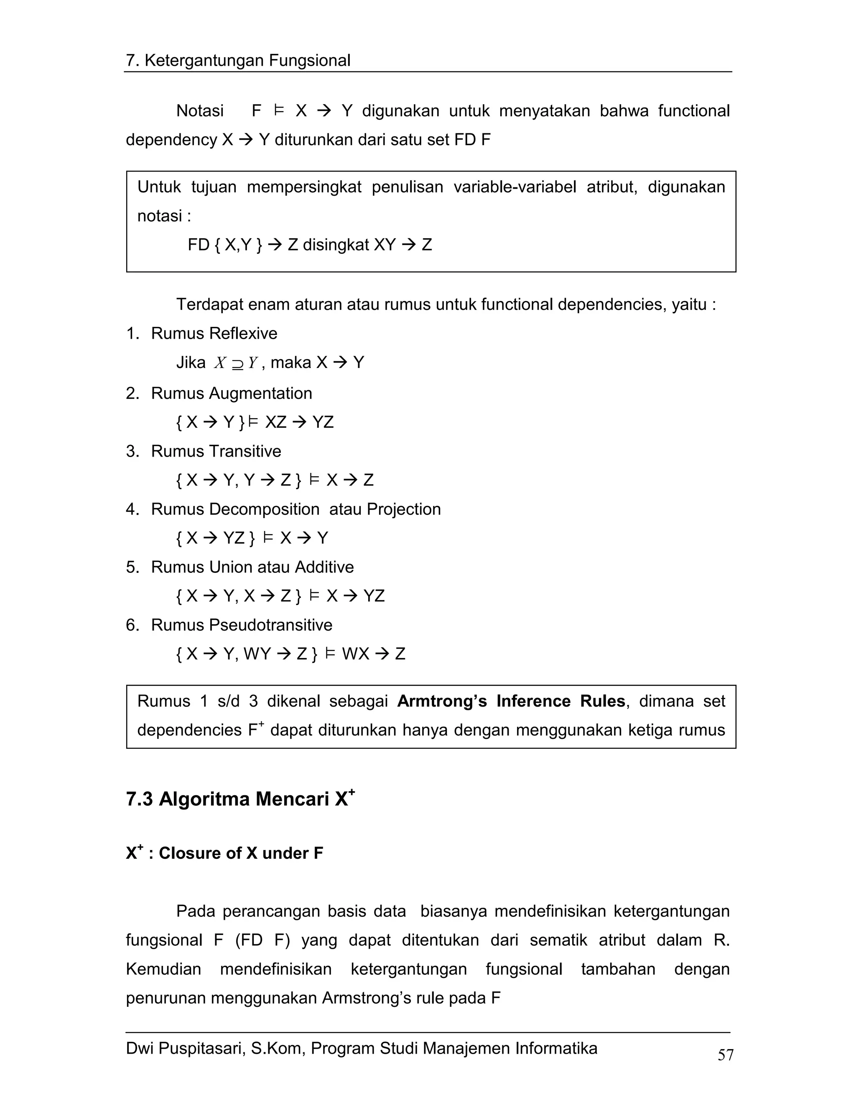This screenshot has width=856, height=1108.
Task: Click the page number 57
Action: (726, 1055)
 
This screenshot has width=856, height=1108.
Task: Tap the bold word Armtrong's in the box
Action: (442, 701)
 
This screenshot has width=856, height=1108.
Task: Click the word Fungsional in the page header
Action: (309, 61)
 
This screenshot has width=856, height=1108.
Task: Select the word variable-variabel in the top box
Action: (515, 187)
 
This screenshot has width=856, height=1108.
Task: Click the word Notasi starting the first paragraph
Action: (200, 111)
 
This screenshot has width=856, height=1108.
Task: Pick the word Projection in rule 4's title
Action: (404, 509)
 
